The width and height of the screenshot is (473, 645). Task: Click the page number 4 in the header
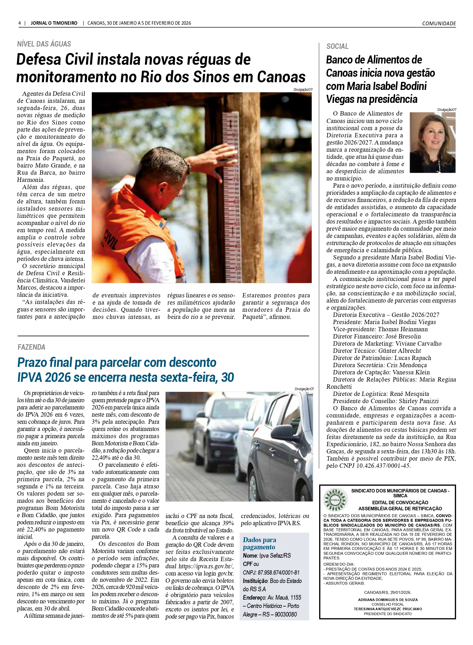pyautogui.click(x=20, y=23)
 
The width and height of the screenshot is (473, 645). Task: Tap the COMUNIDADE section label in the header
pyautogui.click(x=439, y=24)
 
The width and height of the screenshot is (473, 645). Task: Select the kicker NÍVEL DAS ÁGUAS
pyautogui.click(x=44, y=44)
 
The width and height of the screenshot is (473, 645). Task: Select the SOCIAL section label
pyautogui.click(x=337, y=47)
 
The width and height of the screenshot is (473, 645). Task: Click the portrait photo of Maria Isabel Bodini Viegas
pyautogui.click(x=433, y=143)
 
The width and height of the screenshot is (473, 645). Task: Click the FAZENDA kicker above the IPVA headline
pyautogui.click(x=32, y=347)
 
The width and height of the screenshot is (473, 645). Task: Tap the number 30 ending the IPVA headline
pyautogui.click(x=228, y=377)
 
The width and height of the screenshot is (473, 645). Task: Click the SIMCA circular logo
pyautogui.click(x=335, y=499)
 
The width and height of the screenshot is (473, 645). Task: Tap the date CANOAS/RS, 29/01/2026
pyautogui.click(x=387, y=592)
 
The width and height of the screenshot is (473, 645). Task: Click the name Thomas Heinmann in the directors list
pyautogui.click(x=403, y=329)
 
